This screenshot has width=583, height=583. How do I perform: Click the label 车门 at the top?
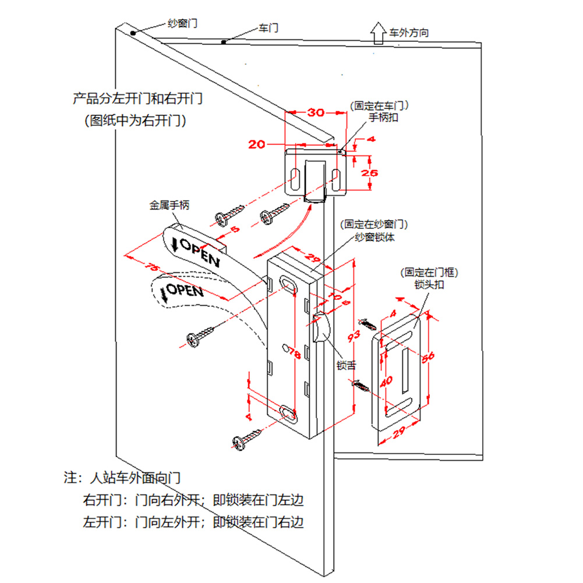click(x=268, y=28)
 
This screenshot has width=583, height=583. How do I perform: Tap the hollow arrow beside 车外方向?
click(x=377, y=33)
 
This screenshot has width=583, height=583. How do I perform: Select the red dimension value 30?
click(x=316, y=113)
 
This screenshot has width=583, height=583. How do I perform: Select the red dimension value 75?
click(x=153, y=268)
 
